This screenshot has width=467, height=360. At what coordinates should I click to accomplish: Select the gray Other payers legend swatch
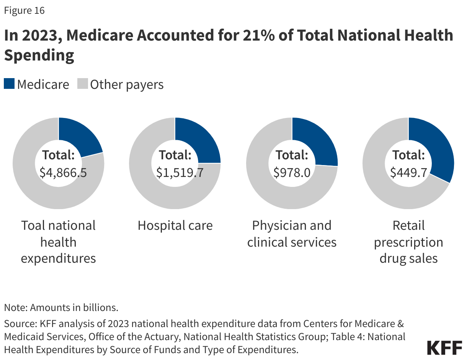[82, 84]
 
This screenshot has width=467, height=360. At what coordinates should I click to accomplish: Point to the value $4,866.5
[63, 173]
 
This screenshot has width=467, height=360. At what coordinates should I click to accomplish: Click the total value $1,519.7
[180, 173]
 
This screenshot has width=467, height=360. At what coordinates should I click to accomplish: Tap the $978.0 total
[292, 173]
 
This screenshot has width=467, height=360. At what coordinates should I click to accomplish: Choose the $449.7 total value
[408, 173]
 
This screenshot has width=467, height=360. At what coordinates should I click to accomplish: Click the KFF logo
[444, 348]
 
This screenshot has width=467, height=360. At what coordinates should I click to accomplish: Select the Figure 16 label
[24, 11]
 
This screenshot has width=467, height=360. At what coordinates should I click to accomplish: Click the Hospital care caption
[175, 226]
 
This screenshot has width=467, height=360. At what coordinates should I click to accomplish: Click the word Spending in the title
[39, 56]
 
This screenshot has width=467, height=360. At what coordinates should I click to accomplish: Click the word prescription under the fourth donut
[408, 242]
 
